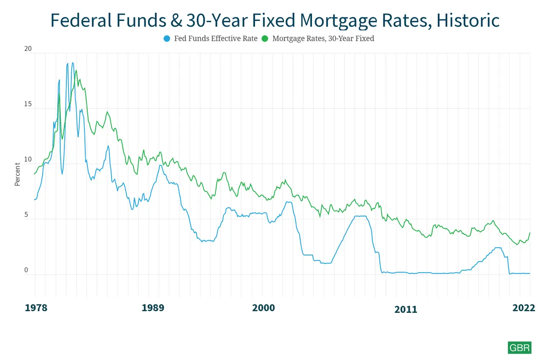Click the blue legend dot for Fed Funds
click(x=167, y=39)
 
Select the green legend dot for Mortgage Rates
click(x=265, y=39)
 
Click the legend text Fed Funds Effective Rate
click(x=216, y=39)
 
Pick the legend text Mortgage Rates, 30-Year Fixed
click(x=323, y=39)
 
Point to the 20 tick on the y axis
click(x=28, y=49)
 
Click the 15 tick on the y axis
click(x=28, y=104)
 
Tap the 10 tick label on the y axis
click(x=28, y=159)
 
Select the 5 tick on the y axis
click(x=26, y=215)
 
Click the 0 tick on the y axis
click(x=26, y=270)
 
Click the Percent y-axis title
click(x=17, y=174)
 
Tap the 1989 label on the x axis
click(x=153, y=308)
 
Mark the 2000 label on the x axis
click(x=264, y=308)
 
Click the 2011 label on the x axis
click(x=405, y=309)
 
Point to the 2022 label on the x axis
click(x=524, y=308)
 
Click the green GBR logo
click(x=519, y=347)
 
